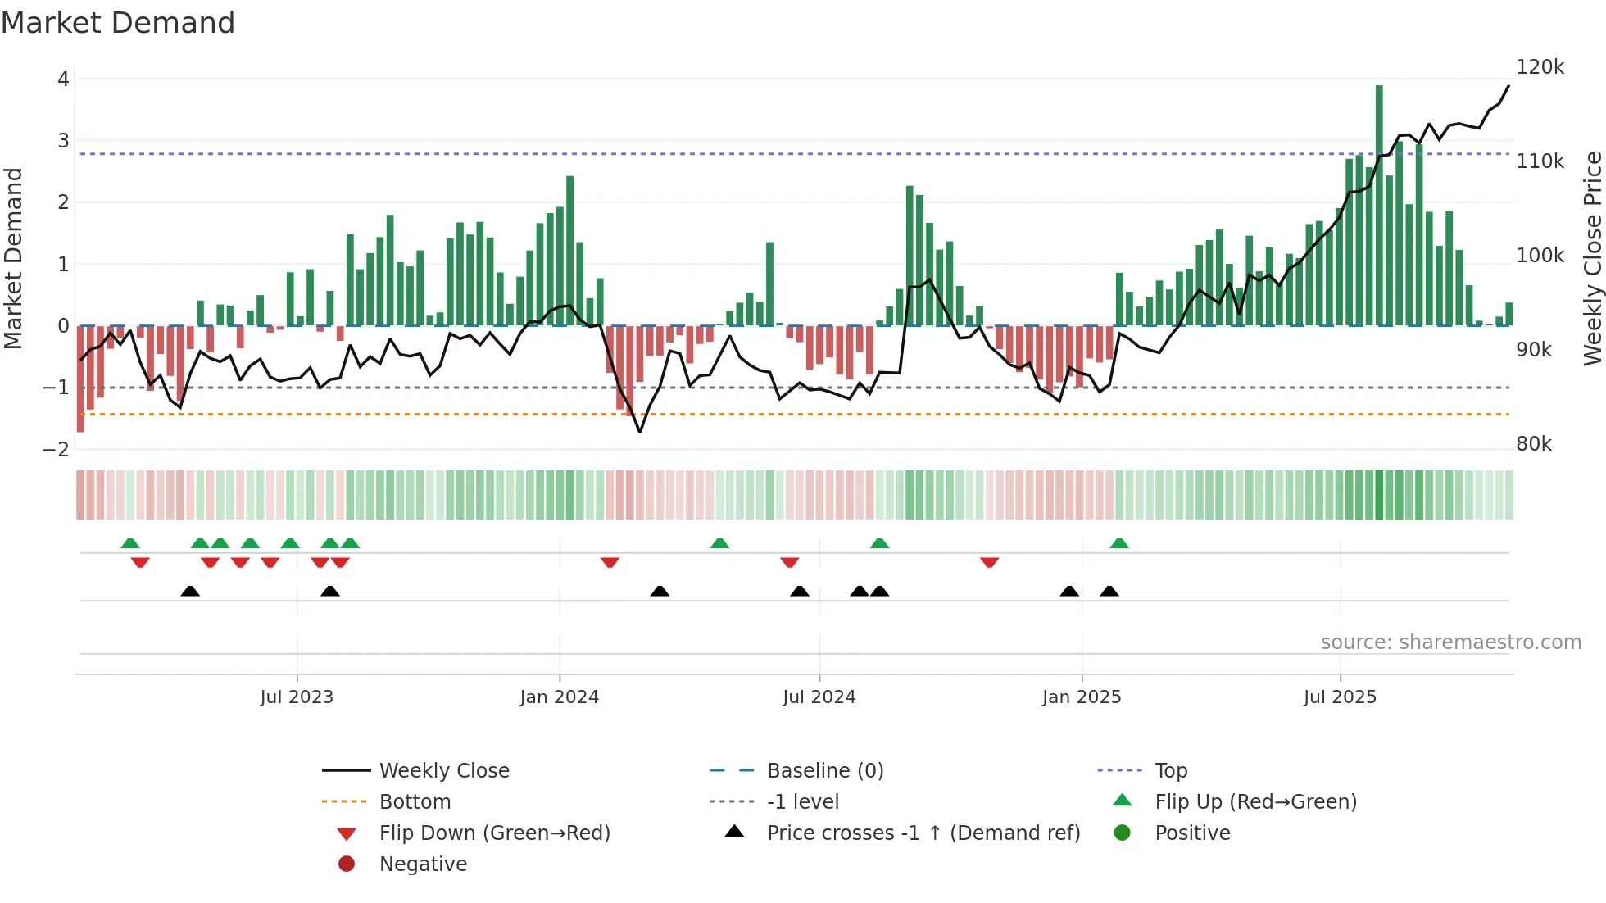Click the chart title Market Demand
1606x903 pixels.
118,23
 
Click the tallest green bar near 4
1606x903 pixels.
1379,205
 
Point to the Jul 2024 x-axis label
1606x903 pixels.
819,697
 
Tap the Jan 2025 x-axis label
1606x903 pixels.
1081,697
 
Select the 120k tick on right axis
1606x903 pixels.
1540,67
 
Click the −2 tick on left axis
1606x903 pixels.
56,450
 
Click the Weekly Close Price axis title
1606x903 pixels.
1592,258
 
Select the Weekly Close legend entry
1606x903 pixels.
443,771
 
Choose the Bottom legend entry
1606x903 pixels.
415,802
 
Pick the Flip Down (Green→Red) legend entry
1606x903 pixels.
494,833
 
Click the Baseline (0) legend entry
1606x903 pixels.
824,771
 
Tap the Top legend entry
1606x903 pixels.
1170,771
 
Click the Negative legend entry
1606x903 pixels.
423,864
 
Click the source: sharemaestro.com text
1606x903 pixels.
1450,642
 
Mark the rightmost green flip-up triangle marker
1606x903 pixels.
1119,543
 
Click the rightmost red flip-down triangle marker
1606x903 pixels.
989,562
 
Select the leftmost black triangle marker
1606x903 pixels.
190,591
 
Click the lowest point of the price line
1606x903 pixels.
640,432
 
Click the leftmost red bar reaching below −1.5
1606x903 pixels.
80,379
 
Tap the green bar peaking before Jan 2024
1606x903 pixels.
569,250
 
